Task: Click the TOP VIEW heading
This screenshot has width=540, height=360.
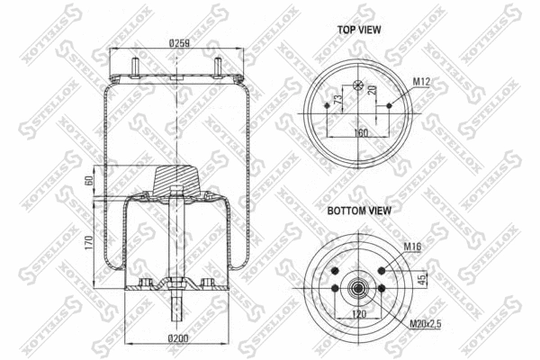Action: pos(358,30)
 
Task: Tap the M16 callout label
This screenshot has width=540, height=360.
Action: pos(411,246)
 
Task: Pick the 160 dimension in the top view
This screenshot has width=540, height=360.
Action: pos(359,132)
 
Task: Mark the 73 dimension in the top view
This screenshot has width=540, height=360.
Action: pos(337,99)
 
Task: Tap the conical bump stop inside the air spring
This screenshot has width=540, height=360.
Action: pos(177,178)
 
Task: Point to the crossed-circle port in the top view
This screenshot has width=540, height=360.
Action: pos(358,86)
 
